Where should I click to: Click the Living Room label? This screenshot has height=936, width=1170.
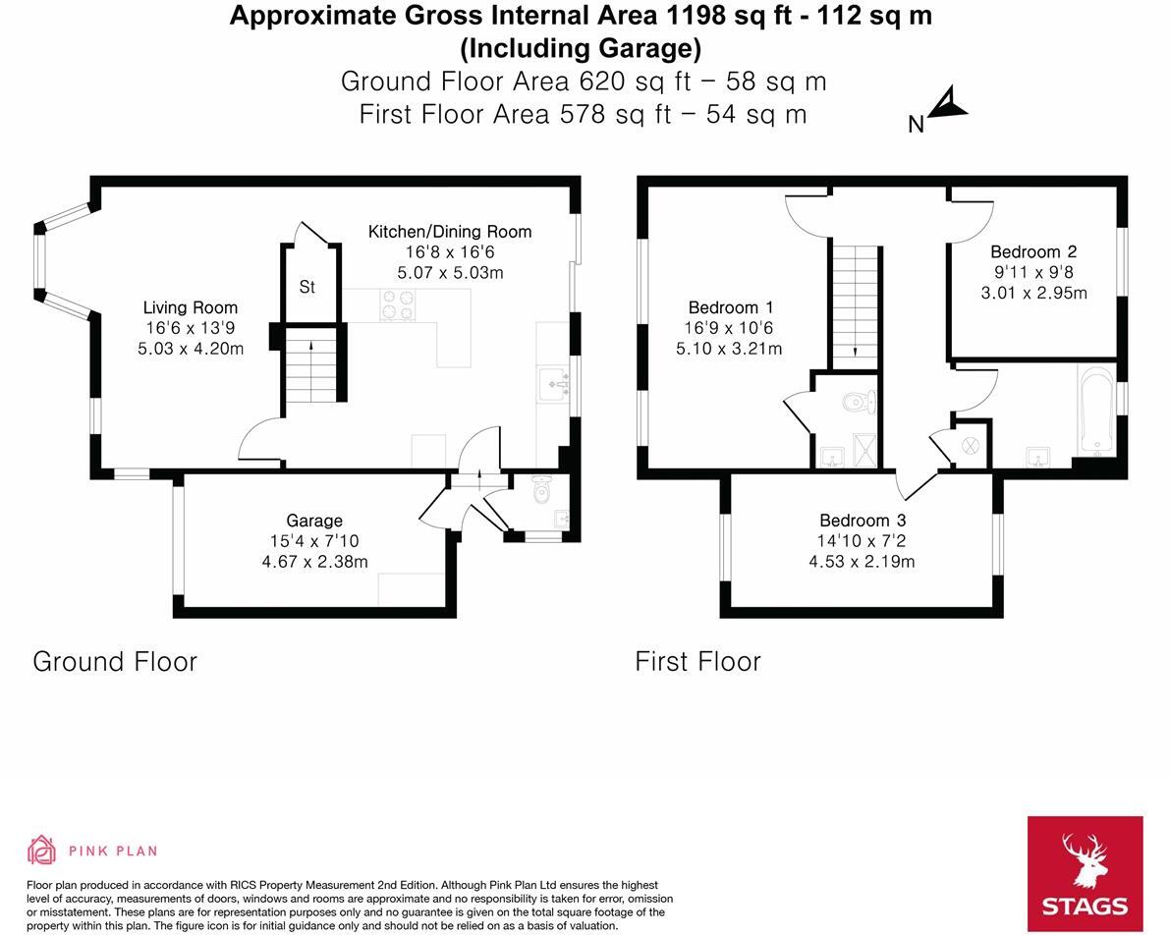coord(191,307)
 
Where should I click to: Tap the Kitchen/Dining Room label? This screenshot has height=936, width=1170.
coord(449,232)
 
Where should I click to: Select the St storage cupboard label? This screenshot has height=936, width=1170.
coord(307,288)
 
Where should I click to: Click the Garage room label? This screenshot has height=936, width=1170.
coord(314,521)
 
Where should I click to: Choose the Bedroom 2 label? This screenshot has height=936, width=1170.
coord(1032,251)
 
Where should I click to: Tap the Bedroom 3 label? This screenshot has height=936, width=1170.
coord(862,521)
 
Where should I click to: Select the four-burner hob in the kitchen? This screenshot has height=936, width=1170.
coord(398,305)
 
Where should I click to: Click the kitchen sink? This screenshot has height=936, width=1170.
coord(554,382)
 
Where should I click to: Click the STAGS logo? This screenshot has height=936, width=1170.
coord(1085,873)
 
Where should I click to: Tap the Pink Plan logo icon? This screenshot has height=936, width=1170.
coord(41,851)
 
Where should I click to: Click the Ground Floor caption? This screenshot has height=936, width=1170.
coord(115,661)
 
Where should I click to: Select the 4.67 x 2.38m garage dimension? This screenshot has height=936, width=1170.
coord(314,562)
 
